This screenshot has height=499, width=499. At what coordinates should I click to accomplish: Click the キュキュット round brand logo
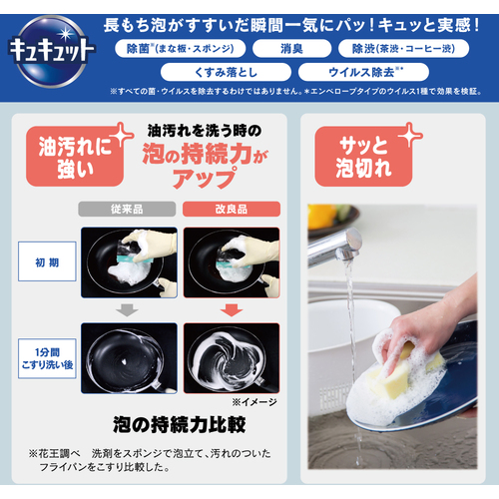[52, 51]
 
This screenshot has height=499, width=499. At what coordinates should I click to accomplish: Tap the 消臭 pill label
[291, 49]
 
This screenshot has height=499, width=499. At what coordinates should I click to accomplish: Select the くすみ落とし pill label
[226, 72]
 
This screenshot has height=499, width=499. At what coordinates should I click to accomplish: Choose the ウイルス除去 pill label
[363, 72]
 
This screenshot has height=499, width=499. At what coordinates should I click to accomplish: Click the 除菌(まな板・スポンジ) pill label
[181, 49]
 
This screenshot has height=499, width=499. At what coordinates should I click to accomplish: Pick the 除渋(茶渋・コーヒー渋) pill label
[403, 49]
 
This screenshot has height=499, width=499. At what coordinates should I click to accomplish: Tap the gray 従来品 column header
[127, 209]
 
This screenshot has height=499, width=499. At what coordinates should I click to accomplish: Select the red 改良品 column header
[232, 209]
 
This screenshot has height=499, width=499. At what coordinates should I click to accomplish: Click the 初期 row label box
[47, 261]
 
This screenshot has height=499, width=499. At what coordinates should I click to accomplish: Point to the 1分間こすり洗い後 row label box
[47, 358]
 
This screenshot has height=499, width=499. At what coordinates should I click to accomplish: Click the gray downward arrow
[127, 310]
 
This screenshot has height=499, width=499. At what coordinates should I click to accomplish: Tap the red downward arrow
[232, 310]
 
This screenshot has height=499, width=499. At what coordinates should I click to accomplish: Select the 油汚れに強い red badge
[75, 157]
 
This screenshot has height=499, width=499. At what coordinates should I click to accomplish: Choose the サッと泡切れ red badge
[363, 157]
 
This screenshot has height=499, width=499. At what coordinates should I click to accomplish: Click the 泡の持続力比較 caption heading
[180, 425]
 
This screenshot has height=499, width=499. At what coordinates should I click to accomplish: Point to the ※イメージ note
[254, 402]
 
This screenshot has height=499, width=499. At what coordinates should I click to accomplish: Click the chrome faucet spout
[334, 247]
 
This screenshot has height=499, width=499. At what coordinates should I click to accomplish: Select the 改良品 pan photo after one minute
[232, 358]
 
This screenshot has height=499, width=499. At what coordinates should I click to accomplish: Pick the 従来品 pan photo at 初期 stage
[129, 262]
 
